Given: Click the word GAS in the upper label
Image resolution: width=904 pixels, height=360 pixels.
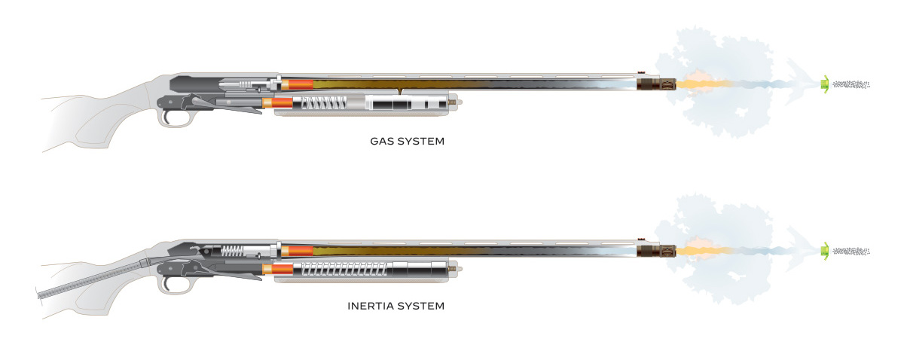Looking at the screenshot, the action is [x=381, y=142].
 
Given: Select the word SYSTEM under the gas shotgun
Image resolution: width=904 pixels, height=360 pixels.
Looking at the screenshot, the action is [x=420, y=142].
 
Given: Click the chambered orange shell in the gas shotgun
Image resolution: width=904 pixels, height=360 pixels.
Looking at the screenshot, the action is [x=297, y=85].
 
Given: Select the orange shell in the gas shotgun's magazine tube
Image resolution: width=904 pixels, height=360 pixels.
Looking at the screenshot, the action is [x=278, y=102].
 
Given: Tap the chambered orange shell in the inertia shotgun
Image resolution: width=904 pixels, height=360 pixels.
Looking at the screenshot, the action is [x=297, y=251].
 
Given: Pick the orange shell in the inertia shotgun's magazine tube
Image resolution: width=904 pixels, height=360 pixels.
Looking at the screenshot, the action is [x=278, y=269].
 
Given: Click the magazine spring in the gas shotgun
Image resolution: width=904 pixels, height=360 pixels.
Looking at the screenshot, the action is [x=324, y=103].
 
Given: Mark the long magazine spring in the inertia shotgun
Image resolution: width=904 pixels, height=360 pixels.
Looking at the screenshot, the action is [x=344, y=269].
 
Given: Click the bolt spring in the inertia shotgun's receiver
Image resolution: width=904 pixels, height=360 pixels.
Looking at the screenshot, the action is [x=232, y=252].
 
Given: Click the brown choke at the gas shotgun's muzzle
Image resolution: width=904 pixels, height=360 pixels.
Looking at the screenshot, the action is [x=656, y=85].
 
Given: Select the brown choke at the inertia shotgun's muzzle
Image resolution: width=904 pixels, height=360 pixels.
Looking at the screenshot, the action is [x=656, y=251].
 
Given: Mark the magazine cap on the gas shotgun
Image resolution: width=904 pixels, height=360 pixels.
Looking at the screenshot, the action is [x=454, y=102].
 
